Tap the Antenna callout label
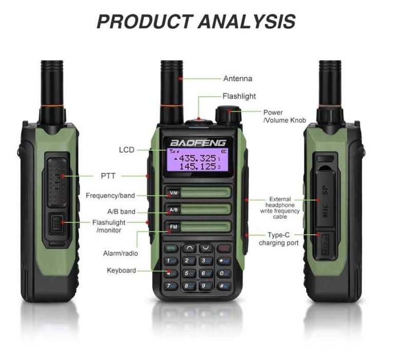pos(237,79)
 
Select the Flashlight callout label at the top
pos(239,96)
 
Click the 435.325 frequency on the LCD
pos(197,158)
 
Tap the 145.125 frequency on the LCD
pos(197,167)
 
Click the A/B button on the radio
pos(174,210)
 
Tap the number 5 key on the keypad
pos(188,273)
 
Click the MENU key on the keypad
pos(171,248)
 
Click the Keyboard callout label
pos(121,270)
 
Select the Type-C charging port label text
pos(278,239)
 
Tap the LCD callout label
pos(126,150)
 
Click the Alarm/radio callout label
pos(121,253)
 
